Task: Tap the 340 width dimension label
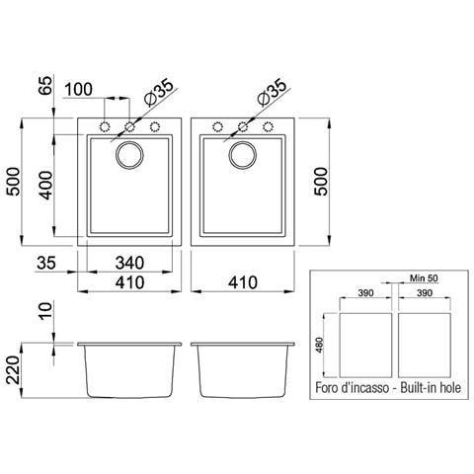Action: tap(129, 263)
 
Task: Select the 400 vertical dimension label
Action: tap(46, 186)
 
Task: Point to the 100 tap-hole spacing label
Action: tap(79, 89)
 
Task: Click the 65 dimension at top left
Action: tap(46, 85)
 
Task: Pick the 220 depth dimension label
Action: tap(14, 370)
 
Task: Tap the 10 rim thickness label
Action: tap(46, 311)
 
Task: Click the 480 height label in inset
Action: tap(319, 345)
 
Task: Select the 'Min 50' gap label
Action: tap(424, 278)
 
